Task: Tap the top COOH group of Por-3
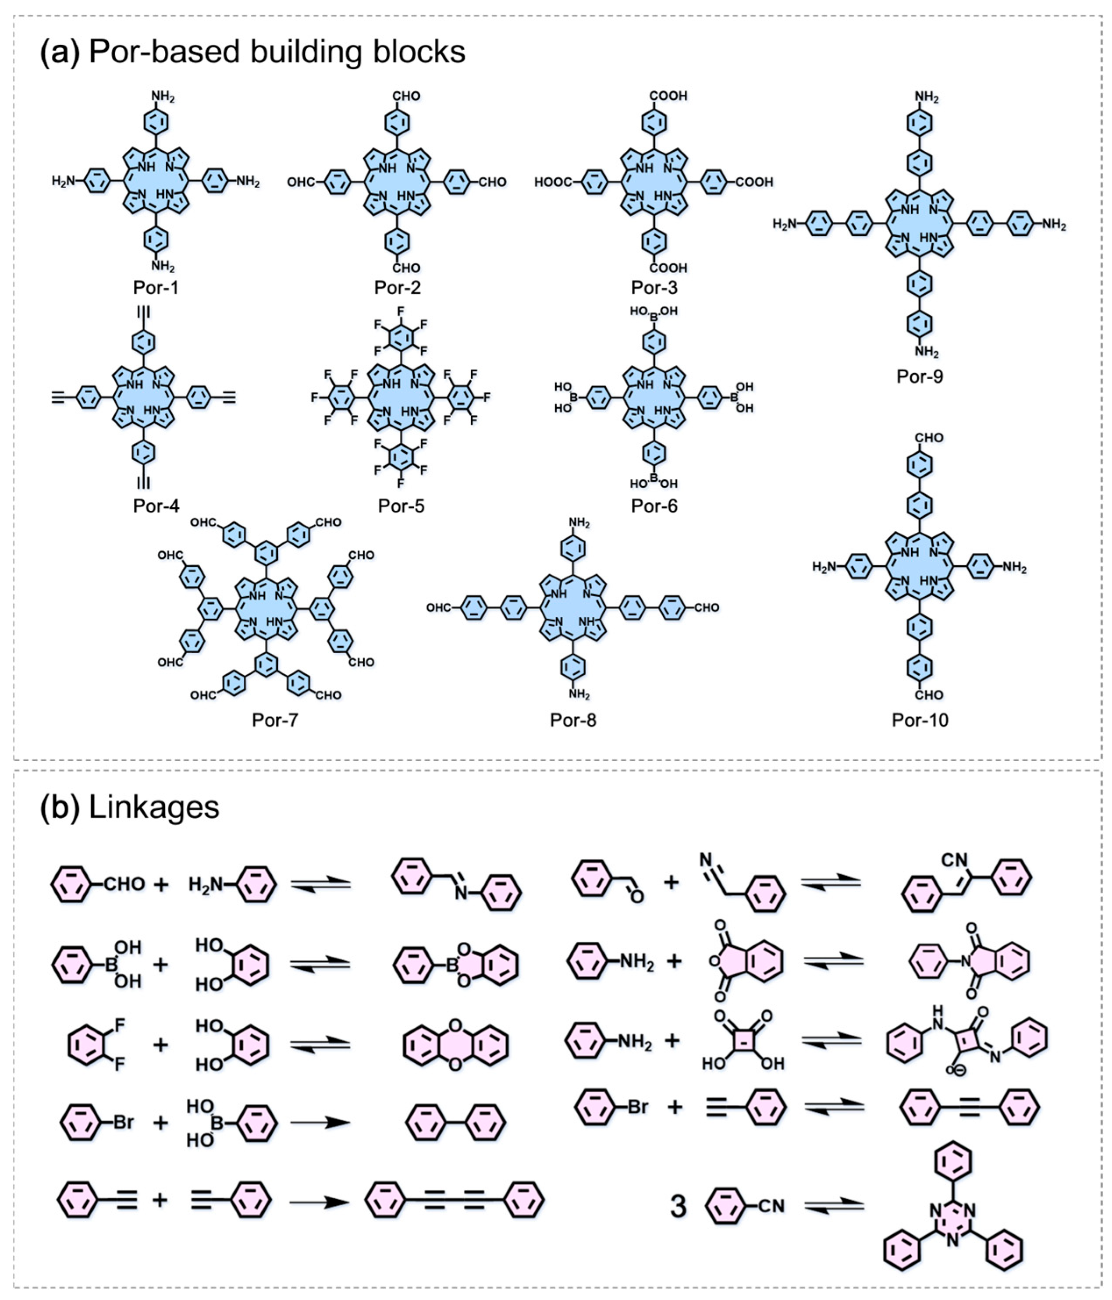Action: (x=668, y=96)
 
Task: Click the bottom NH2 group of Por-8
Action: (x=579, y=695)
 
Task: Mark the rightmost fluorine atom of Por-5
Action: (x=487, y=397)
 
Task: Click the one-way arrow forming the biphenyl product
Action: (x=320, y=1122)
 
